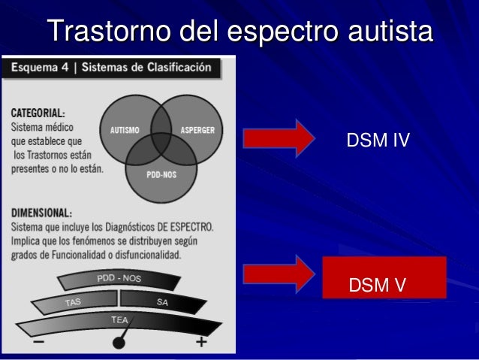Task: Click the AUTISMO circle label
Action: [126, 129]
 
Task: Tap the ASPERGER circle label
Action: [197, 129]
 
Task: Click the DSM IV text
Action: [377, 139]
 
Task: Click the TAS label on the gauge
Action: [73, 302]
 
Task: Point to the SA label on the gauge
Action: [162, 301]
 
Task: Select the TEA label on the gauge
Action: [119, 319]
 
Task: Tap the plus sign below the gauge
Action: [201, 343]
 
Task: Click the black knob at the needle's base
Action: [119, 343]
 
